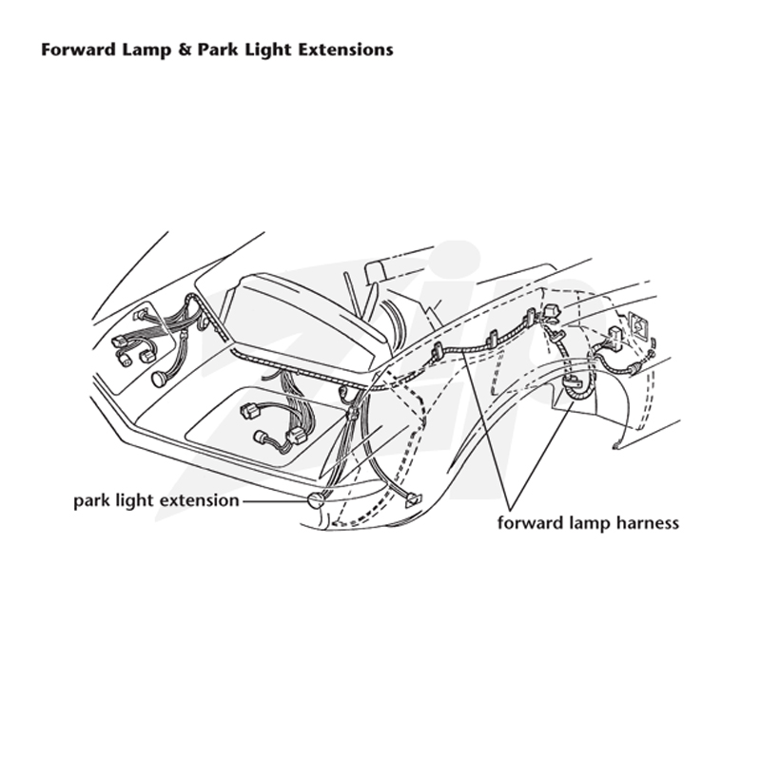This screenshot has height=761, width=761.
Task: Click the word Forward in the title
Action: pyautogui.click(x=78, y=50)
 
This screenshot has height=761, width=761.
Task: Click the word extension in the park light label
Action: pyautogui.click(x=200, y=500)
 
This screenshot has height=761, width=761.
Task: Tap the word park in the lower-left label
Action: pyautogui.click(x=91, y=501)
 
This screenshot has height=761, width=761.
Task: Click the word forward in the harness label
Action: pyautogui.click(x=528, y=523)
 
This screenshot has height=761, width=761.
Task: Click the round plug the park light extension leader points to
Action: pyautogui.click(x=316, y=500)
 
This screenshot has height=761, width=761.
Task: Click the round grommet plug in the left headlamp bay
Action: pyautogui.click(x=158, y=379)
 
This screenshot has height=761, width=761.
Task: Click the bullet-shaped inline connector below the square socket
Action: pyautogui.click(x=634, y=370)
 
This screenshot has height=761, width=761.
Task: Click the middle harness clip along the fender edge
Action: pyautogui.click(x=492, y=340)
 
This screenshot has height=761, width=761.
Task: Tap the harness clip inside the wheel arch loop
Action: pyautogui.click(x=573, y=381)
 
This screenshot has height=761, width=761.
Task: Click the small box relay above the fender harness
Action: pyautogui.click(x=551, y=312)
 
